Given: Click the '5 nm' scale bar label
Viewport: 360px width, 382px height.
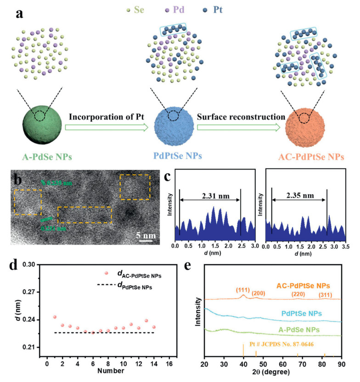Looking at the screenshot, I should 147,236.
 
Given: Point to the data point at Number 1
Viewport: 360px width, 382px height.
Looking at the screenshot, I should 55,317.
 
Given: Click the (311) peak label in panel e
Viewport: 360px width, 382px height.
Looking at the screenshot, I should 325,292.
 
